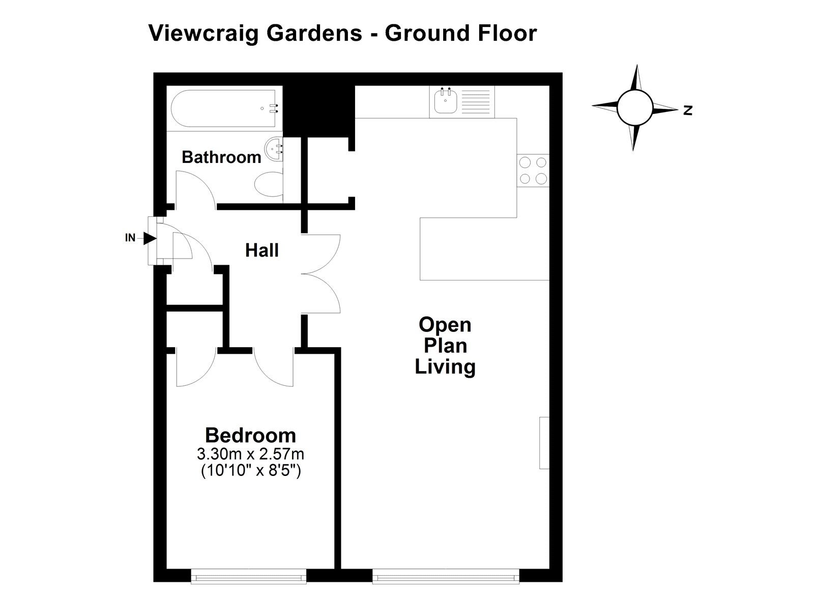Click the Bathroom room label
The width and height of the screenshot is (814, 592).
tap(221, 157)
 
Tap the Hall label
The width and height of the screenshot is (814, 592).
tap(262, 250)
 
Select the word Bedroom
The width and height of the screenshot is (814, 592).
tap(251, 435)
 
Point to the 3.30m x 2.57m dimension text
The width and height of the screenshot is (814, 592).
tap(251, 454)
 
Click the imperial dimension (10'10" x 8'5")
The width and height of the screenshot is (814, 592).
tap(251, 471)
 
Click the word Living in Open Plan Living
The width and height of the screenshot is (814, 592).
tap(445, 367)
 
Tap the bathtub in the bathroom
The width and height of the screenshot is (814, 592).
tap(223, 108)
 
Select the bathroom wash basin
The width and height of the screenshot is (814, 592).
tap(274, 149)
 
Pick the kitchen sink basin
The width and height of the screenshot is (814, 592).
tap(445, 101)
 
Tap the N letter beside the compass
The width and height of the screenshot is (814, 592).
tap(687, 110)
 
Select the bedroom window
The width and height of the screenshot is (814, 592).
tap(249, 576)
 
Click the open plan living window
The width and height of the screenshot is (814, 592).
tap(446, 576)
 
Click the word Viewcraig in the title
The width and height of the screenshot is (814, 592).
tap(204, 34)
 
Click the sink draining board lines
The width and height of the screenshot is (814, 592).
tap(476, 101)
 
